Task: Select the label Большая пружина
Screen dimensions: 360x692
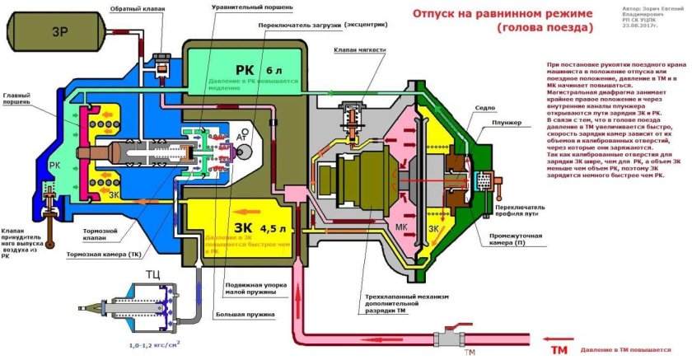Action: (x=248, y=313)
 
